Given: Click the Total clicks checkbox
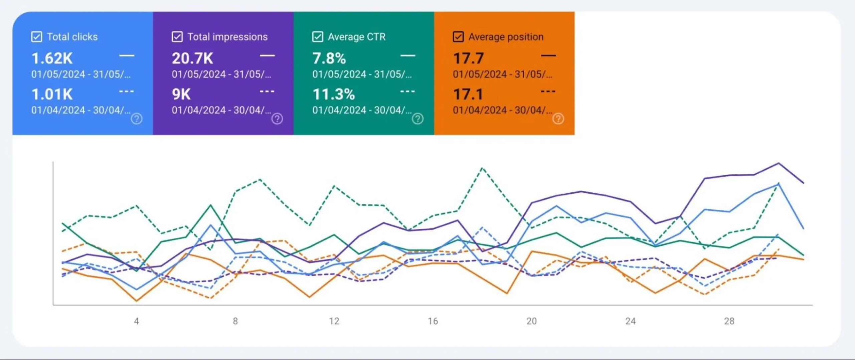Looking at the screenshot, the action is pyautogui.click(x=36, y=37).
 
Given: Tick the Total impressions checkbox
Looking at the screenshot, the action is pyautogui.click(x=177, y=37).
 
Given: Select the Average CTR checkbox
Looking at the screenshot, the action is pyautogui.click(x=318, y=37).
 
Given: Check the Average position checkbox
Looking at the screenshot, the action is pyautogui.click(x=458, y=37).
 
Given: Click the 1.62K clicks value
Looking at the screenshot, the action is pyautogui.click(x=52, y=58).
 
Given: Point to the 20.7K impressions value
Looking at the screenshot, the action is pyautogui.click(x=192, y=58).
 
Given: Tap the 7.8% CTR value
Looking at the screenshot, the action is pyautogui.click(x=329, y=58).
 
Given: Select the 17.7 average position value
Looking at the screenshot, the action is pyautogui.click(x=468, y=58).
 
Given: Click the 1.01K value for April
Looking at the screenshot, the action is pyautogui.click(x=52, y=95).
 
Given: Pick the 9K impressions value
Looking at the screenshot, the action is pyautogui.click(x=181, y=95).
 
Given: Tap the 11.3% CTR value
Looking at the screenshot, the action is pyautogui.click(x=334, y=95).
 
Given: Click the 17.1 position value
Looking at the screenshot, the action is pyautogui.click(x=468, y=95).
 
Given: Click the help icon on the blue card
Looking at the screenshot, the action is pyautogui.click(x=136, y=119).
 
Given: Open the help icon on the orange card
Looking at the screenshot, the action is pyautogui.click(x=558, y=119).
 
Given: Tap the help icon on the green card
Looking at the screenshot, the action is pyautogui.click(x=417, y=119).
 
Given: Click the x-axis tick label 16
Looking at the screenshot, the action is pyautogui.click(x=433, y=321).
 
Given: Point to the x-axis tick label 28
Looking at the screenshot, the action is pyautogui.click(x=729, y=321).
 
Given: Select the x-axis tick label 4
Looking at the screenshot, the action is pyautogui.click(x=136, y=321).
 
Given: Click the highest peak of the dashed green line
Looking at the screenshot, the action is pyautogui.click(x=482, y=168).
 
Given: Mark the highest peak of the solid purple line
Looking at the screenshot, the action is pyautogui.click(x=779, y=163).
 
